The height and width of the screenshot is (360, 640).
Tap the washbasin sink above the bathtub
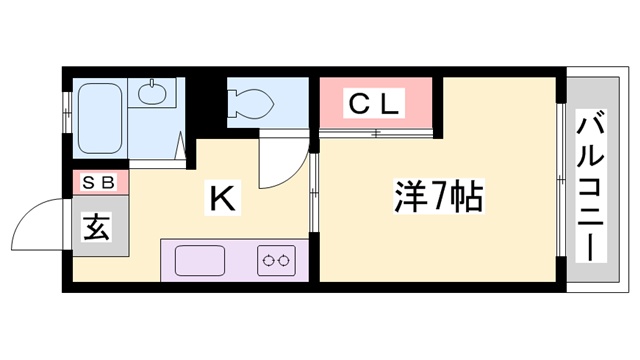(x=152, y=94)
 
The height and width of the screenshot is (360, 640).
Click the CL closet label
(x=374, y=101)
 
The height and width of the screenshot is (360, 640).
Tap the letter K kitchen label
(x=221, y=198)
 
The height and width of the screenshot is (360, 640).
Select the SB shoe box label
(x=98, y=182)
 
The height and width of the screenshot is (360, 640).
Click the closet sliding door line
(x=376, y=132)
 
